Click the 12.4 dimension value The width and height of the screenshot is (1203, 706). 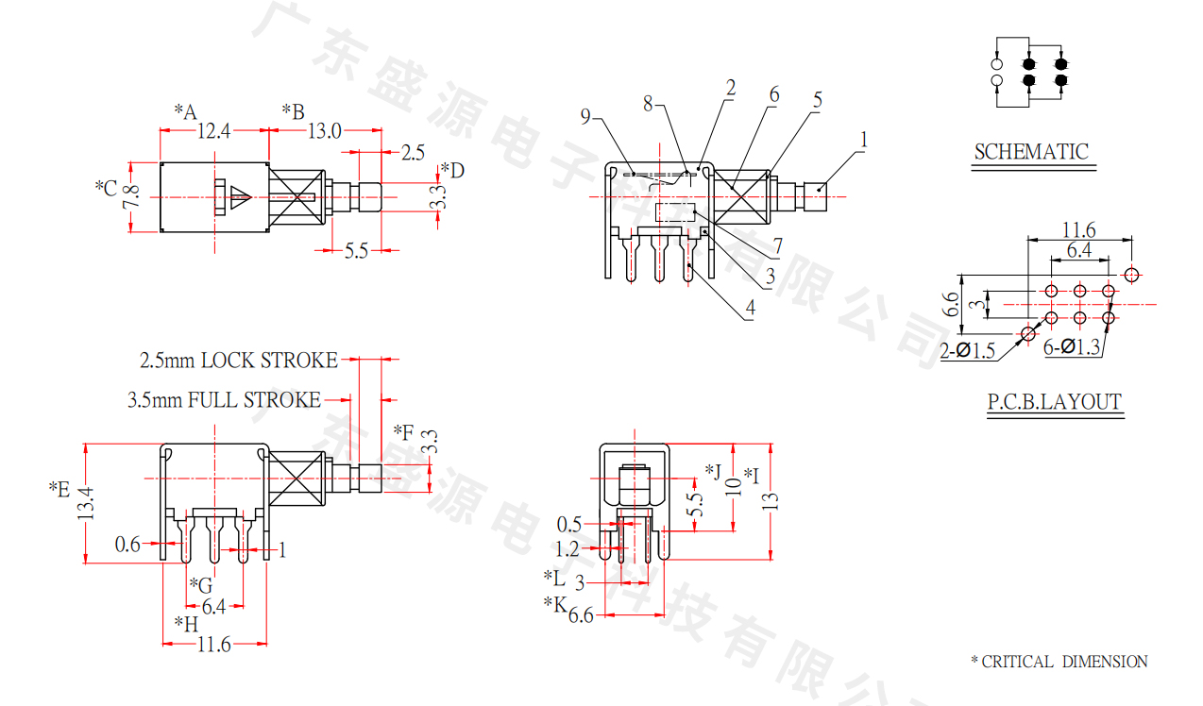click(213, 131)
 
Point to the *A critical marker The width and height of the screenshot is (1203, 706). click(184, 112)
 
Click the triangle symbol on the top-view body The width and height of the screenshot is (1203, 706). click(240, 197)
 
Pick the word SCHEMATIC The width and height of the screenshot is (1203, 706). click(1031, 151)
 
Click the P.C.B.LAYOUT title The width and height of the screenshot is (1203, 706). click(1054, 402)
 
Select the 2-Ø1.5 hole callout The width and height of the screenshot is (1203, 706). click(968, 351)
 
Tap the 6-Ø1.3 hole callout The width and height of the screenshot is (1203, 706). click(1072, 347)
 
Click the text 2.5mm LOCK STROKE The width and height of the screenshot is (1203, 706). click(238, 361)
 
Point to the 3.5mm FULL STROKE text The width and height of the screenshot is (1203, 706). click(224, 400)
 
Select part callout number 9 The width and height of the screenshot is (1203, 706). click(585, 117)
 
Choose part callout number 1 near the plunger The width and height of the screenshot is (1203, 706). click(862, 140)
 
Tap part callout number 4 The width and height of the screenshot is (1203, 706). click(750, 308)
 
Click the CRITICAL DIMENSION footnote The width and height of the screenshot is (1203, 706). click(1059, 662)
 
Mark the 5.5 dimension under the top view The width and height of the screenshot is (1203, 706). click(356, 251)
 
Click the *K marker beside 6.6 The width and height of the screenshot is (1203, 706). click(554, 604)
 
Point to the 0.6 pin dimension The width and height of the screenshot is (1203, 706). click(127, 544)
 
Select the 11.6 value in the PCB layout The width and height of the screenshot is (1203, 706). click(1078, 229)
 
